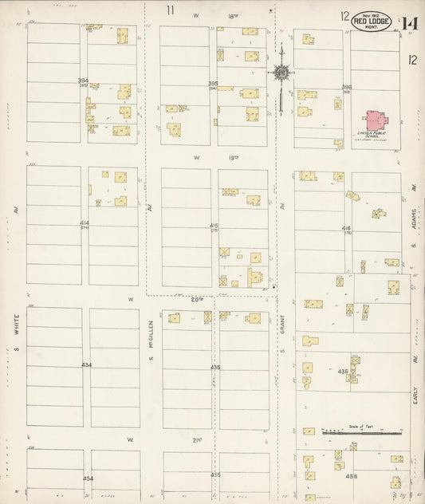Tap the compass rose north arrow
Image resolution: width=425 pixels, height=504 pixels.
pos(281,73)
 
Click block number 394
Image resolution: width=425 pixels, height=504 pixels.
pos(82,81)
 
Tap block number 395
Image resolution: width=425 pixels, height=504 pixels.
pos(213,83)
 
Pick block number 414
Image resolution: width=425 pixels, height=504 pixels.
pos(84,222)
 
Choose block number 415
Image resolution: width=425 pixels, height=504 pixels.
pos(214,226)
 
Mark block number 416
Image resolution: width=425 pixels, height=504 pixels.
pos(346,227)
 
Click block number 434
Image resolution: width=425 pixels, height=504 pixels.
pos(86,365)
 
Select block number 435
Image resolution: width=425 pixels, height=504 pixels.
pos(215,367)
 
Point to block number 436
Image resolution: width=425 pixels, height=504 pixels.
pos(343,372)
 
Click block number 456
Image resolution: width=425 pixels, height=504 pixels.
pos(351,477)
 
